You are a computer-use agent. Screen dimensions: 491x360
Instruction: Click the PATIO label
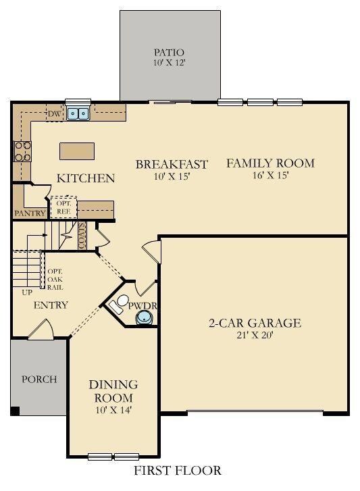[169, 52]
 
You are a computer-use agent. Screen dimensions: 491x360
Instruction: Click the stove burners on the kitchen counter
[22, 151]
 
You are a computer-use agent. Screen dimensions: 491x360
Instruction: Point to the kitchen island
[76, 151]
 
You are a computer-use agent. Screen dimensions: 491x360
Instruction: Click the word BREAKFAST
[172, 164]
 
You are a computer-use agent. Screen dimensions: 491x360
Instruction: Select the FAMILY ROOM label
[270, 163]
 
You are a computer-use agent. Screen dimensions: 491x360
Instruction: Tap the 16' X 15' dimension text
[270, 176]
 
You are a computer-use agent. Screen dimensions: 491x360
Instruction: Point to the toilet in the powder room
[120, 304]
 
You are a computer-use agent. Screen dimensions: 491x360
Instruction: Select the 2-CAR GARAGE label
[254, 323]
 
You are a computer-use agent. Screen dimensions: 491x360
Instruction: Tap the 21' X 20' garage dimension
[254, 336]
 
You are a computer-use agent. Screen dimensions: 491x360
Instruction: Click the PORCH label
[40, 380]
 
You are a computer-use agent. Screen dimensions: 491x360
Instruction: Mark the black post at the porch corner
[15, 411]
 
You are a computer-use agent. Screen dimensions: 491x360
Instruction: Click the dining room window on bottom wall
[112, 456]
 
